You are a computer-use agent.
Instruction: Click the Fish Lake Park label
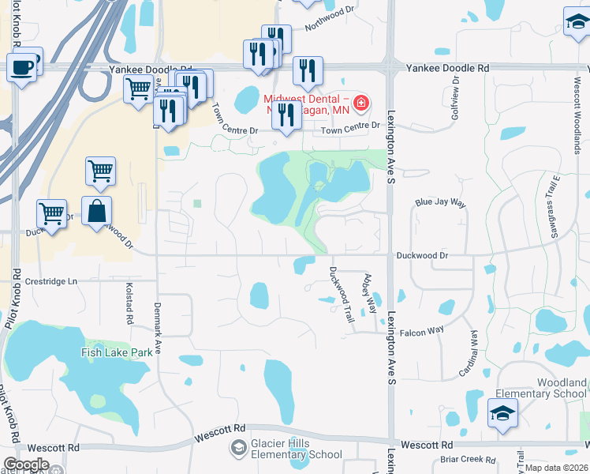tap(117, 352)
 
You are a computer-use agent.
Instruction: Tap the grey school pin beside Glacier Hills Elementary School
tap(237, 449)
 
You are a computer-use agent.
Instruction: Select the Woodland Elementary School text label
tap(540, 388)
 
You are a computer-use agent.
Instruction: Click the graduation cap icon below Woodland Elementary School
tap(502, 414)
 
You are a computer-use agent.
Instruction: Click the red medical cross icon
tap(360, 103)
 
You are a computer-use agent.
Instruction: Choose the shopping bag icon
tap(96, 212)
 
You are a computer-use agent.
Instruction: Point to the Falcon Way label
tap(425, 329)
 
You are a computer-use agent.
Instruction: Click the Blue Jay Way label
tap(441, 202)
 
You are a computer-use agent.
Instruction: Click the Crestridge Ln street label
tap(52, 281)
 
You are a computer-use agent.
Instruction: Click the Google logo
tap(26, 465)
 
